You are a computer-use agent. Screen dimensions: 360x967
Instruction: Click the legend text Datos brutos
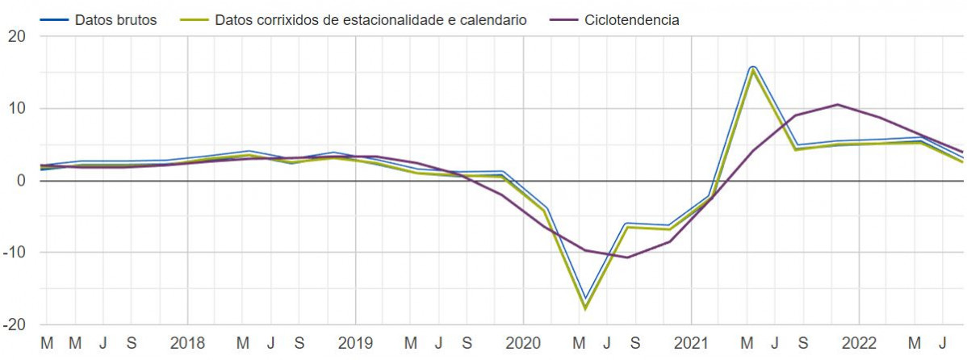coord(115,20)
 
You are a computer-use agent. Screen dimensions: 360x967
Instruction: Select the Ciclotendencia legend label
coord(631,20)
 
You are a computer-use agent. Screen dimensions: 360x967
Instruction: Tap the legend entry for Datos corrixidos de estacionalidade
coord(370,20)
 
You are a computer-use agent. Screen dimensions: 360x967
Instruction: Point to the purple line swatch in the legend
coord(563,20)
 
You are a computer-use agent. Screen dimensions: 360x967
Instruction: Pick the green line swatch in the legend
coord(194,20)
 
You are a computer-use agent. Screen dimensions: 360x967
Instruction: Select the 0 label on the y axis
coord(22,181)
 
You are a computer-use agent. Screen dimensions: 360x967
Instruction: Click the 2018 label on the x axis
coord(187,343)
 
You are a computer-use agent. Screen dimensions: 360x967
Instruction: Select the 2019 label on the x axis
coord(355,343)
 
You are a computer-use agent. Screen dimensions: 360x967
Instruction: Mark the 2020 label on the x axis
coord(523,343)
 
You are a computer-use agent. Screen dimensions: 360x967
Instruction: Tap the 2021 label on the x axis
coord(691,343)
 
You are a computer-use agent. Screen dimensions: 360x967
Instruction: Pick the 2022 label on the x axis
coord(859,343)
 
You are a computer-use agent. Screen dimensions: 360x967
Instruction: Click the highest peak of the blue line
coord(752,66)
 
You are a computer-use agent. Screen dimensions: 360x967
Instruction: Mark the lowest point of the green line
coord(584,308)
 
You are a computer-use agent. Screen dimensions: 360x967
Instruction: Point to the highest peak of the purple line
coord(838,104)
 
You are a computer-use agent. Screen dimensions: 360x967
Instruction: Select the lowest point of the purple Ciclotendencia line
coord(628,257)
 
